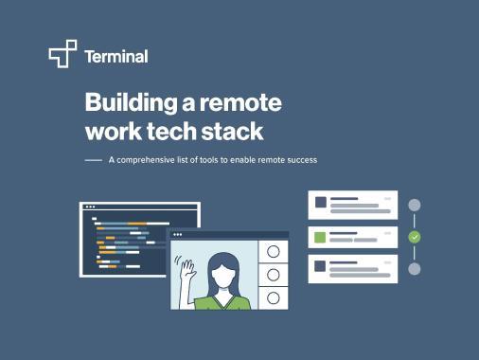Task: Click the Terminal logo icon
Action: coord(62,55)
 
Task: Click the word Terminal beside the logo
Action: coord(115,56)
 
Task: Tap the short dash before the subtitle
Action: coord(93,160)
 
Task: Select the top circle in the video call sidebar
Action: coord(273,252)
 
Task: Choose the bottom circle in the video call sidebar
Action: coord(273,297)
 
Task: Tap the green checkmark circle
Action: coord(414,236)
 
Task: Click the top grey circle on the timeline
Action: coord(414,205)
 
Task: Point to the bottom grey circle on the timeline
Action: coord(414,268)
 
